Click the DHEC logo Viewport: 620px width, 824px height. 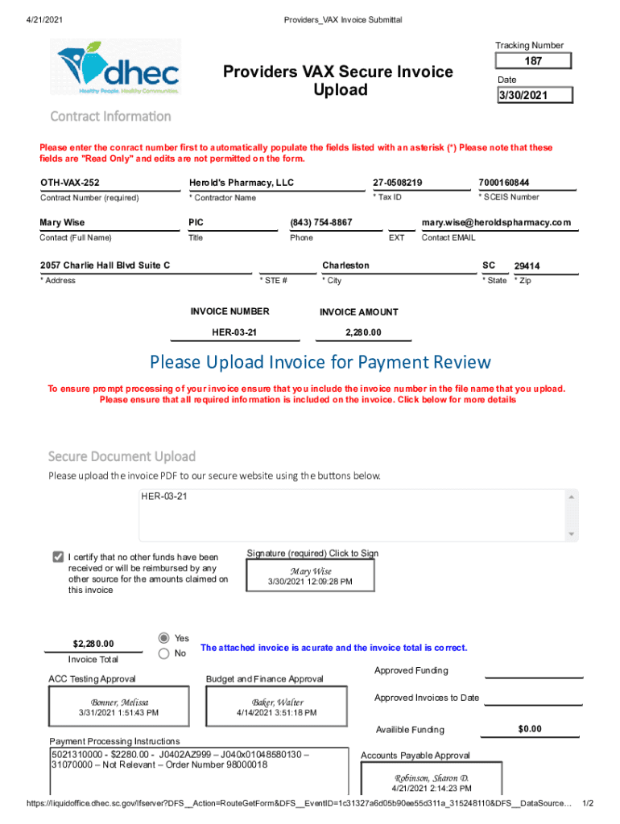coord(119,68)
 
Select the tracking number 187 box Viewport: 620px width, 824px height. coord(533,61)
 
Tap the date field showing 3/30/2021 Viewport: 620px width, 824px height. coord(533,95)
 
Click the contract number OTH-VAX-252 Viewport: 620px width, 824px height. coord(71,183)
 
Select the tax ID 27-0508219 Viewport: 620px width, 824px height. coord(398,183)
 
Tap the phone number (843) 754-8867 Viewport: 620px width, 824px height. coord(321,222)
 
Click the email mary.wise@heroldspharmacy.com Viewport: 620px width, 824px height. coord(496,222)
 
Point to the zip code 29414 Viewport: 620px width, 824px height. coord(527,266)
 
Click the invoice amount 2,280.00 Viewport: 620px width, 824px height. coord(363,332)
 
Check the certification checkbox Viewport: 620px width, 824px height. coord(58,557)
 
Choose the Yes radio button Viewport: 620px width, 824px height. coord(164,637)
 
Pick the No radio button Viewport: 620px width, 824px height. coord(164,654)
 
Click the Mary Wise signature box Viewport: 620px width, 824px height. coord(311,576)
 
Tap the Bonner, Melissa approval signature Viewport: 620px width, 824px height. coord(119,707)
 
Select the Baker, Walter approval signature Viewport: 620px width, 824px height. coord(278,707)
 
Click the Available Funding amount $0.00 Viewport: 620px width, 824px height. coord(530,729)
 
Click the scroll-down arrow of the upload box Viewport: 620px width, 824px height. coord(572,534)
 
